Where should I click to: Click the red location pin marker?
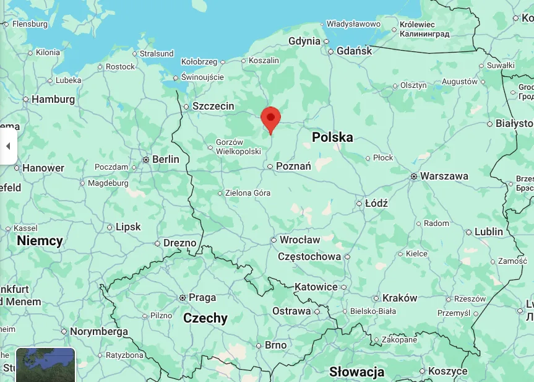(270, 118)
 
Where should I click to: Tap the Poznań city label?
(293, 166)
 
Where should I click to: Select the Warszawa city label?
(444, 176)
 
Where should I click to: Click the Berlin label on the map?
(165, 159)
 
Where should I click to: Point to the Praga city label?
(202, 298)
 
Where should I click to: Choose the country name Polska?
(332, 137)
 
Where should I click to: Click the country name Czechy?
(205, 318)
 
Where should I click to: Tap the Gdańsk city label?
(355, 51)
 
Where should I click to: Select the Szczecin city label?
(213, 106)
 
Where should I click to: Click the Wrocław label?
(299, 240)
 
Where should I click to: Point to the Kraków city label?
(400, 298)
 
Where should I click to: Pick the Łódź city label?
(376, 203)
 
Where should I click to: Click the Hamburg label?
(53, 99)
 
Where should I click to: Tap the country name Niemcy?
(40, 241)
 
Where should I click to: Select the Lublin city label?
(489, 232)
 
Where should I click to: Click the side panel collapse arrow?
(8, 146)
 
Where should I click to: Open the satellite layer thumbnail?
(45, 365)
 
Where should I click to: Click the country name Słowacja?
(356, 372)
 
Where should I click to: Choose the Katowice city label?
(316, 287)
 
